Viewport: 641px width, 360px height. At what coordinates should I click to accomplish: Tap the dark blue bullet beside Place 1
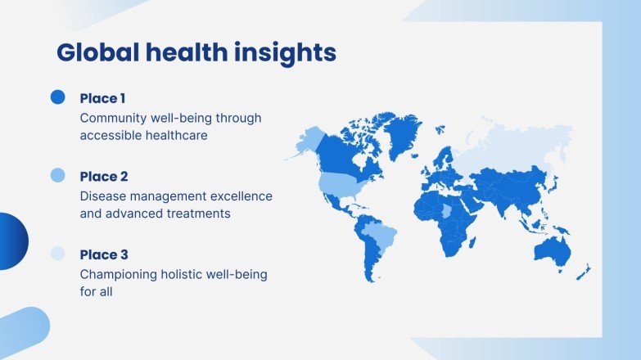point(57,97)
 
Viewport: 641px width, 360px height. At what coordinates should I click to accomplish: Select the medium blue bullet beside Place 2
point(57,175)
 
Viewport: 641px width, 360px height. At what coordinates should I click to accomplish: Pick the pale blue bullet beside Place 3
point(57,254)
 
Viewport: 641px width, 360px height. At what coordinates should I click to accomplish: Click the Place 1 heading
point(103,98)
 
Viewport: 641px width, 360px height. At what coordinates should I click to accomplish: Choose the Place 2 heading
point(104,177)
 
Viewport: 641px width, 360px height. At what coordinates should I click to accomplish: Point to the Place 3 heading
point(104,254)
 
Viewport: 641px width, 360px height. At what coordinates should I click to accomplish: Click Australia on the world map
point(550,250)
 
